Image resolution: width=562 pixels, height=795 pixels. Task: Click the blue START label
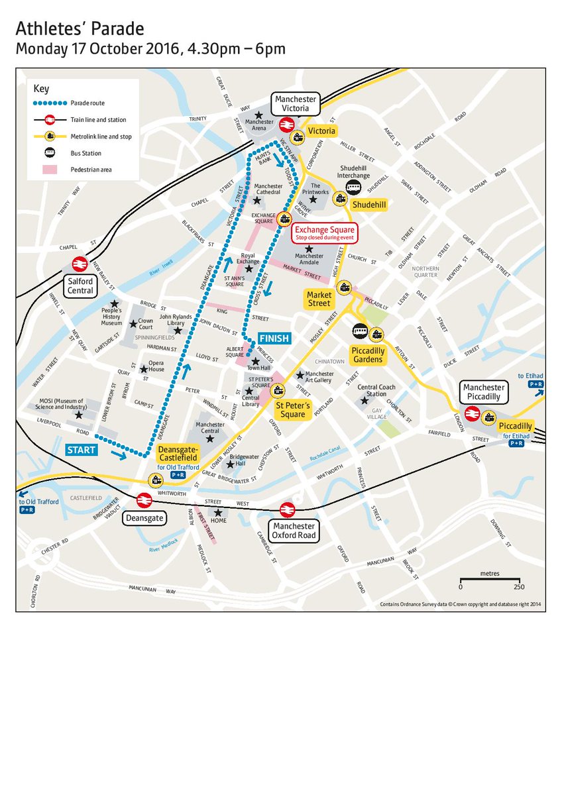click(x=82, y=450)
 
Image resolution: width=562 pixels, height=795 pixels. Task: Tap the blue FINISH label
click(x=274, y=339)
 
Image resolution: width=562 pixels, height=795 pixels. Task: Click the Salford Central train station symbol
click(x=79, y=264)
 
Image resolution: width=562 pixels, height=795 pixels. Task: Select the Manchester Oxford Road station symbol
click(x=287, y=509)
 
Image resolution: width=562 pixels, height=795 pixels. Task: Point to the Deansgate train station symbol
click(x=142, y=500)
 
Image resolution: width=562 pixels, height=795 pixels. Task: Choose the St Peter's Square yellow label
click(x=292, y=410)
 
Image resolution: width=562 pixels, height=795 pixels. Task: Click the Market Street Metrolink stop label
click(x=318, y=299)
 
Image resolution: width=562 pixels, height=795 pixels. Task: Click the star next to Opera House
click(x=142, y=369)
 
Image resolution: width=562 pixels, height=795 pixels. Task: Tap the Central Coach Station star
click(x=364, y=401)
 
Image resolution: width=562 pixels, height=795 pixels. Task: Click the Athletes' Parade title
click(x=80, y=29)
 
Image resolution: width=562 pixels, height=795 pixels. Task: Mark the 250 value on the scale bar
click(x=518, y=587)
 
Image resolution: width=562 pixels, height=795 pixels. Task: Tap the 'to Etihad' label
click(x=535, y=375)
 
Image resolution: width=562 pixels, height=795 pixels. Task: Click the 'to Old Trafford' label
click(x=38, y=502)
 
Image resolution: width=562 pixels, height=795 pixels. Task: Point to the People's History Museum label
click(x=111, y=317)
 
